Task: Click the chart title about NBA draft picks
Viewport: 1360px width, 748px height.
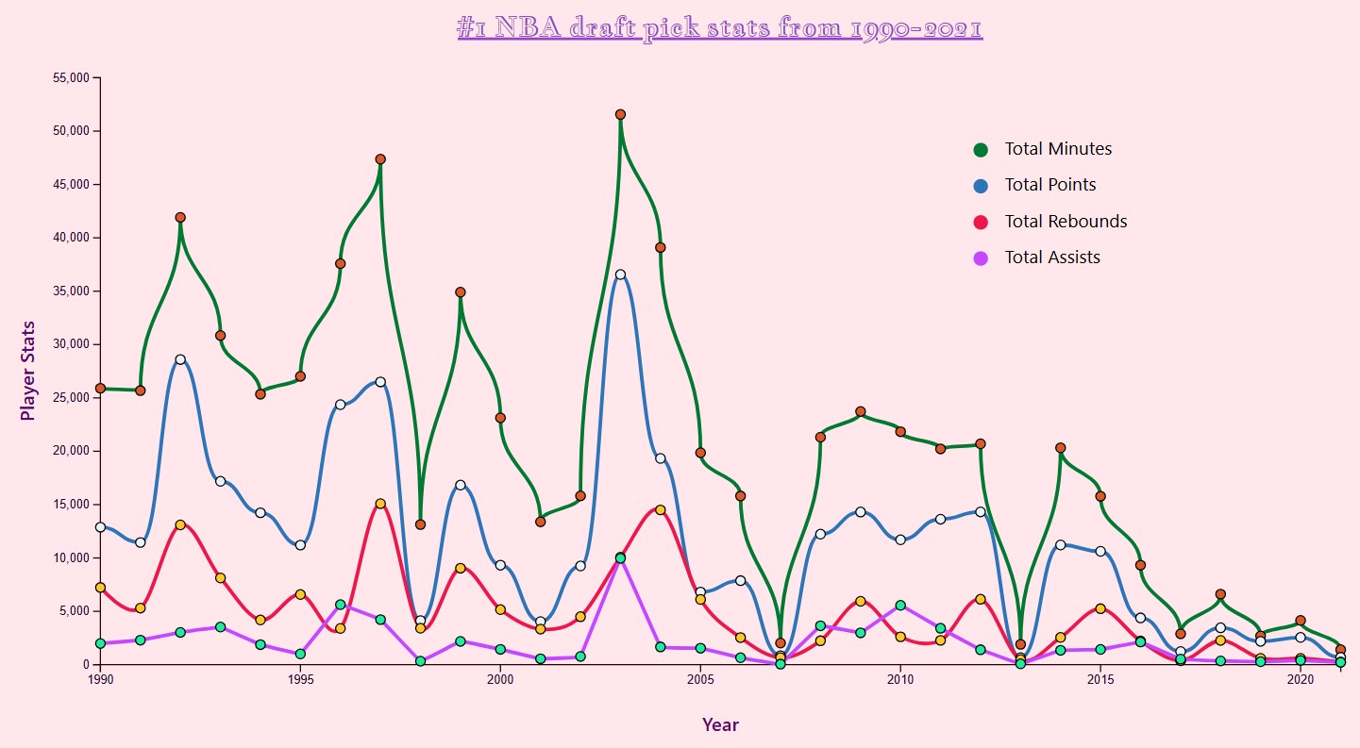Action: (x=719, y=28)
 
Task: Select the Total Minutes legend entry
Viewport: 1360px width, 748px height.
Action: (x=1057, y=149)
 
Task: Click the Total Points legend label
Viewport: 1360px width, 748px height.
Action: (x=1049, y=185)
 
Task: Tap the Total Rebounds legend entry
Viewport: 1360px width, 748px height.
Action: (x=1065, y=222)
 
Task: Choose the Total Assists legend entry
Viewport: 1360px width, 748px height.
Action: (x=1051, y=258)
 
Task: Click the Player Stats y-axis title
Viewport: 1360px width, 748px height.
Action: (x=28, y=371)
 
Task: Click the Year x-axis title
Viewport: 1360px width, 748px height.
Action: (x=720, y=724)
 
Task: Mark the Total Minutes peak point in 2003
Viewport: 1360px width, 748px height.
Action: (x=620, y=114)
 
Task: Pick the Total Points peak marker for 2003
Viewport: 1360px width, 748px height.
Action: (x=620, y=274)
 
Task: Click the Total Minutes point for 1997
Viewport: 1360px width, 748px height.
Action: (x=380, y=159)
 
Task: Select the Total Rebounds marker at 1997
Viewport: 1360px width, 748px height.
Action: (x=380, y=504)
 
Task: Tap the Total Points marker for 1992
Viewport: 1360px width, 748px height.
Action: (x=180, y=359)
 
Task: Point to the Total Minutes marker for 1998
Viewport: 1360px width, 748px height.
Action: (x=420, y=524)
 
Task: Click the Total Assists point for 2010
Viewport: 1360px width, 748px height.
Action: (x=900, y=606)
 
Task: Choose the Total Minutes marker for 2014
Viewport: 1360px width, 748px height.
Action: (x=1061, y=448)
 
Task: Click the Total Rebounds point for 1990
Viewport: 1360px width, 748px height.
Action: (x=100, y=588)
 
